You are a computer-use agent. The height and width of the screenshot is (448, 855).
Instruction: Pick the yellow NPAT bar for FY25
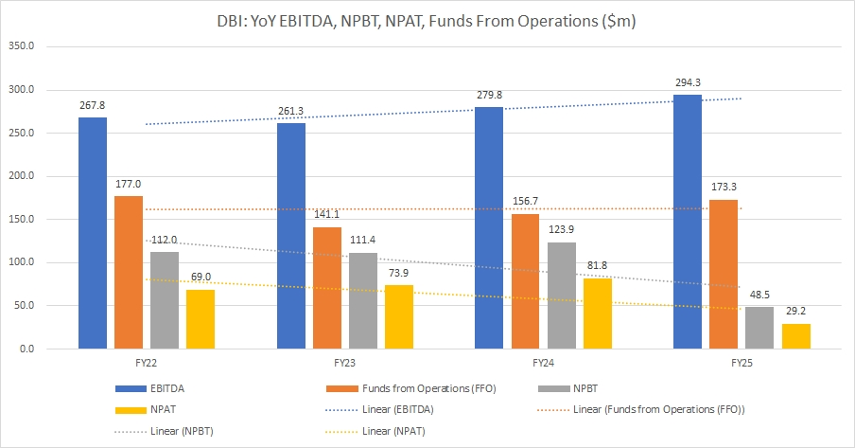click(x=796, y=336)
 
